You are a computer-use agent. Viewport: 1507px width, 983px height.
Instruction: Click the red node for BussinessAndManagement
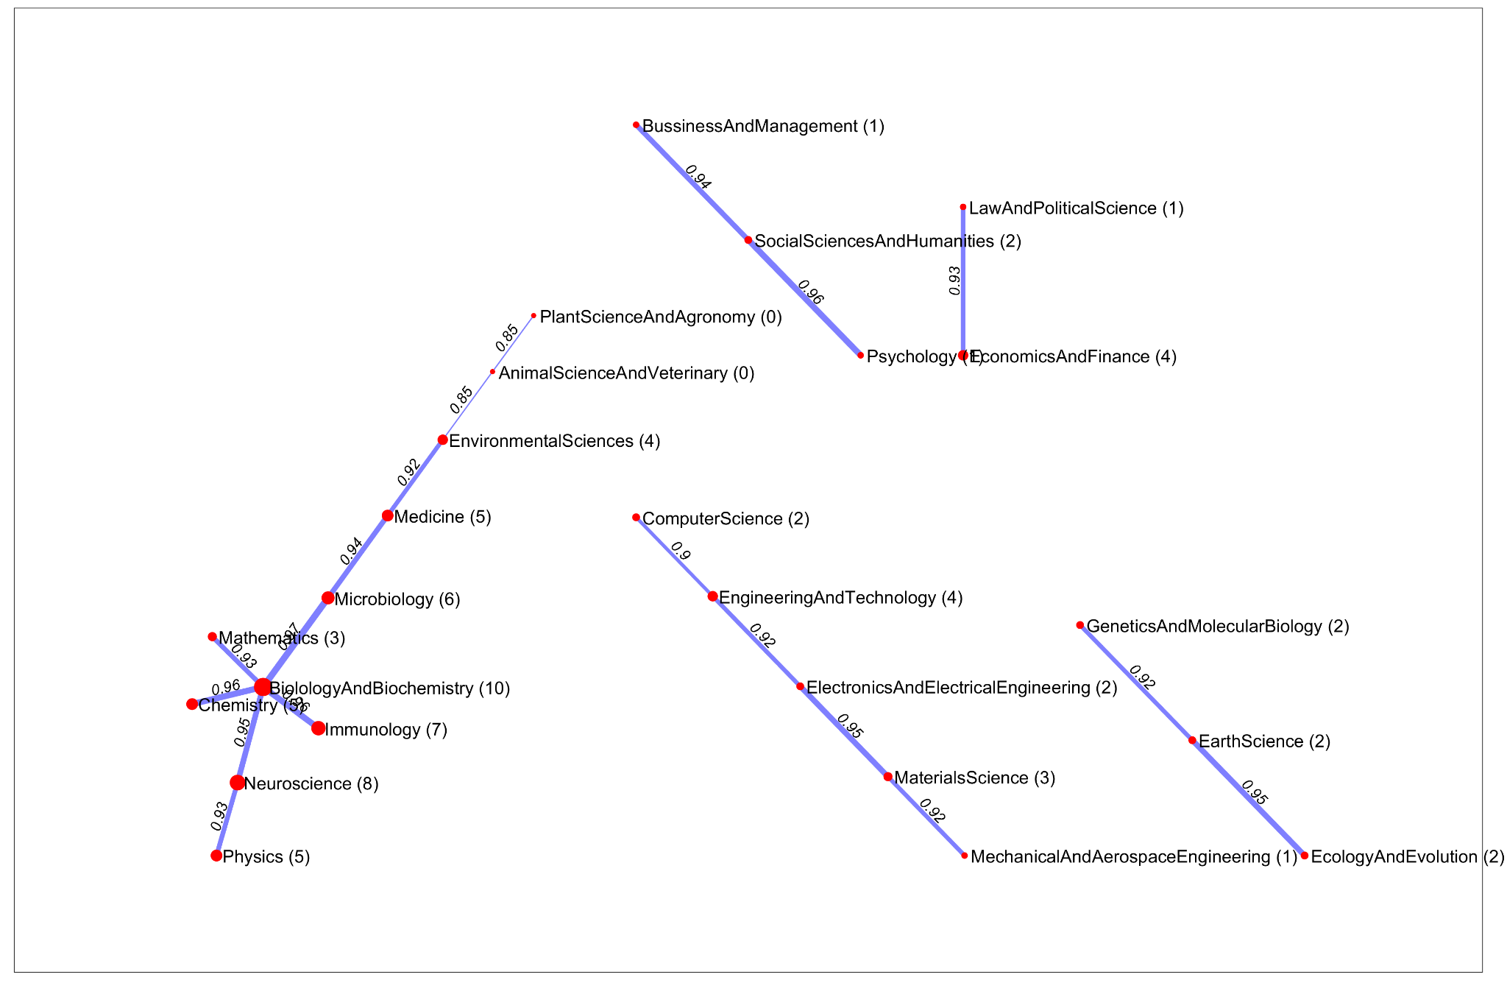click(x=636, y=125)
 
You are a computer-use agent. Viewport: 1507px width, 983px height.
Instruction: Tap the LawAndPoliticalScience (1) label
click(x=1076, y=208)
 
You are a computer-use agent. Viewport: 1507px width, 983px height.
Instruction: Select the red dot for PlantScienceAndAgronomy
click(x=533, y=316)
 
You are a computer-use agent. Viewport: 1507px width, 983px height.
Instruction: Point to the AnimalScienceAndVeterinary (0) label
click(x=626, y=373)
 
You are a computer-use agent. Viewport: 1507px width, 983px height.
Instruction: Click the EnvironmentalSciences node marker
click(x=442, y=440)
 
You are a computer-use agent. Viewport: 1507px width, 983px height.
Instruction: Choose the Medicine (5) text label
click(x=442, y=517)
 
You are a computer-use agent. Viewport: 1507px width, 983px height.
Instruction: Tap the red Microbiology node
click(x=328, y=598)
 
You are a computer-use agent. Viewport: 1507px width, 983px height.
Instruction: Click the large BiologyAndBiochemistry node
click(x=263, y=687)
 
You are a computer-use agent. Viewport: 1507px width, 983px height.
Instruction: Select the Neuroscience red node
click(x=237, y=783)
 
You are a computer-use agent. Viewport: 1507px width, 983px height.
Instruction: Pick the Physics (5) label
click(x=266, y=857)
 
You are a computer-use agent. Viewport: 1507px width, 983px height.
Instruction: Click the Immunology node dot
click(x=318, y=728)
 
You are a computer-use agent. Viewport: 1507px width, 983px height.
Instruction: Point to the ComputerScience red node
click(x=636, y=518)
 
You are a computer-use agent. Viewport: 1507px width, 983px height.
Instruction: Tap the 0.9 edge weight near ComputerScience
click(x=681, y=552)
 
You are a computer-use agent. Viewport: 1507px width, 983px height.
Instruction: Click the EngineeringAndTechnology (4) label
click(x=840, y=598)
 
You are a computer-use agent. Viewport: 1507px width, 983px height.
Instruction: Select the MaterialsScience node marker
click(x=887, y=777)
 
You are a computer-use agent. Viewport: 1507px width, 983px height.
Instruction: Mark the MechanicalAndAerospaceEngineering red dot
click(x=964, y=856)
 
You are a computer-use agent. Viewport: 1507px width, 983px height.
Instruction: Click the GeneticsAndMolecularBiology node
click(x=1079, y=625)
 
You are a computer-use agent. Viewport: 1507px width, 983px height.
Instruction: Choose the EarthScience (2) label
click(x=1264, y=741)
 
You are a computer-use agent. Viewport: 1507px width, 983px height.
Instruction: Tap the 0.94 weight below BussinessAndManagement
click(x=698, y=177)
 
